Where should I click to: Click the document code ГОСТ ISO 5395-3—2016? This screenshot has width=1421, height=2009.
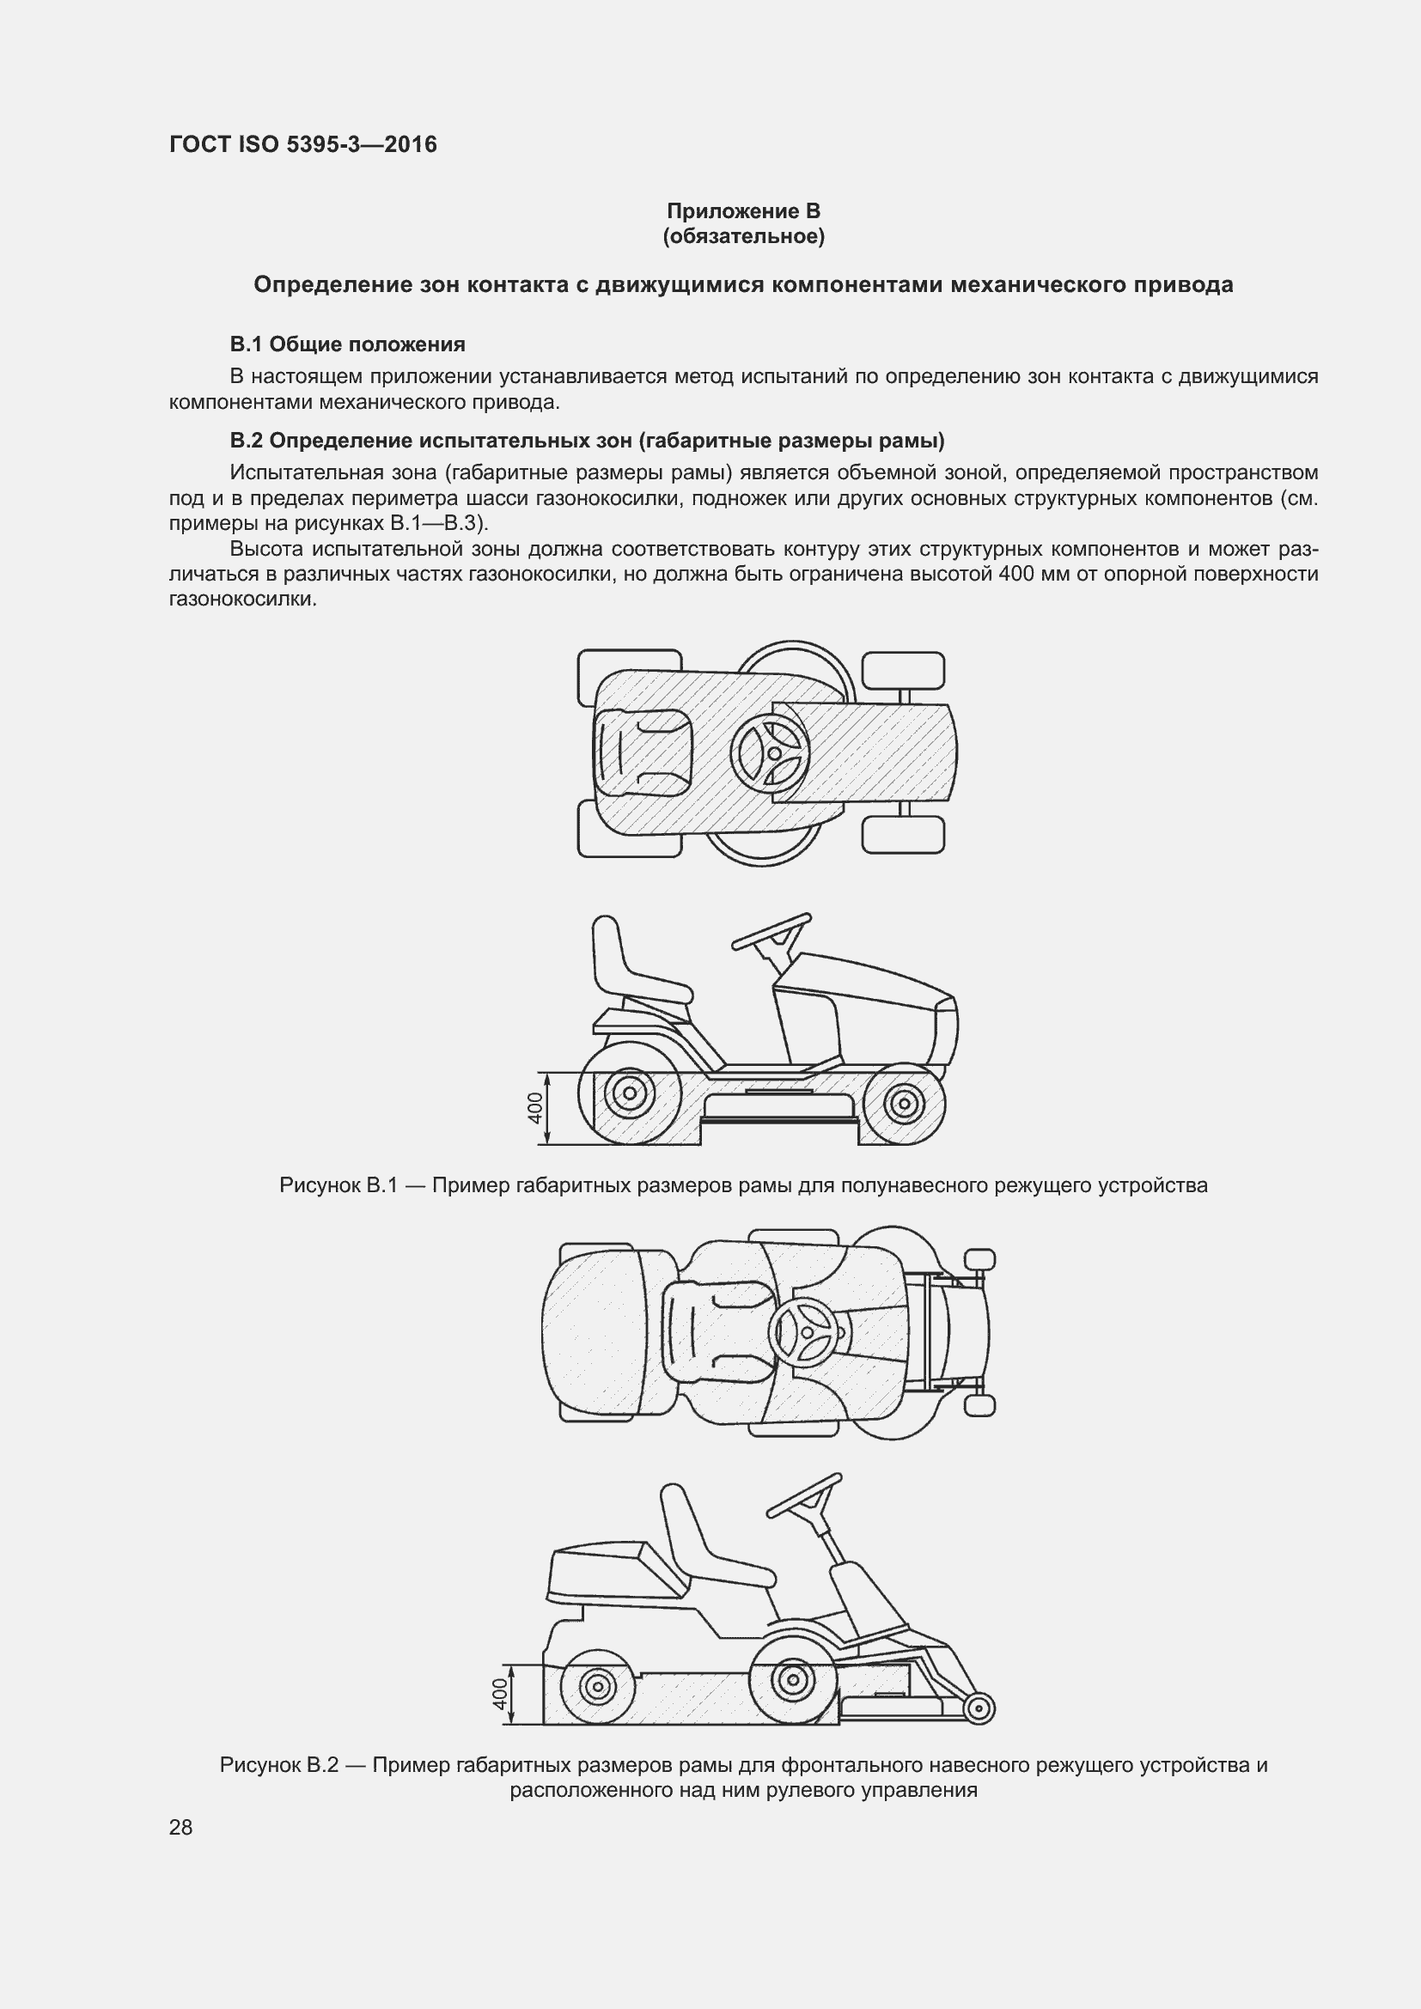pyautogui.click(x=302, y=145)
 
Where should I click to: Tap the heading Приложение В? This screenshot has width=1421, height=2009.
pyautogui.click(x=743, y=211)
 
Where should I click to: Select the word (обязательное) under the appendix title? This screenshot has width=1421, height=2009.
pyautogui.click(x=743, y=236)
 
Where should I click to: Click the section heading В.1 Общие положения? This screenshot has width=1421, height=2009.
pyautogui.click(x=347, y=344)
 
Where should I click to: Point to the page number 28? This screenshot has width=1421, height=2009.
pyautogui.click(x=180, y=1827)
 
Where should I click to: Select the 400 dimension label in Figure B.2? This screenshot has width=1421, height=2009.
pyautogui.click(x=500, y=1693)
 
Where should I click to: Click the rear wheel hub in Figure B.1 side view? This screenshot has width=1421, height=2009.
pyautogui.click(x=629, y=1093)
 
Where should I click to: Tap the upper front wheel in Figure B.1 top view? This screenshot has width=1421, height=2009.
pyautogui.click(x=903, y=671)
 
